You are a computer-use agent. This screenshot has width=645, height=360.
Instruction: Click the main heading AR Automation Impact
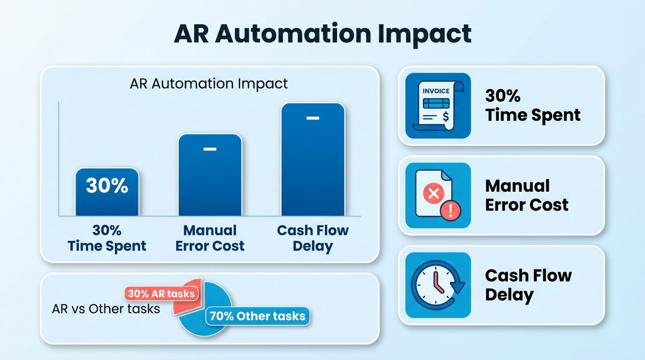coord(322,34)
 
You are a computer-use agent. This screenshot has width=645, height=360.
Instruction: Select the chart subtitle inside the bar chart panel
coord(209,84)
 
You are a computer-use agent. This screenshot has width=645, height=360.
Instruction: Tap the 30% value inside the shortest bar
coord(107,186)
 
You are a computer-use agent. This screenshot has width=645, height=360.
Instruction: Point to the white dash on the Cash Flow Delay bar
coord(313,118)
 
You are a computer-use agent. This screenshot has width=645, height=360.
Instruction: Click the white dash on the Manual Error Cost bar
coord(210,149)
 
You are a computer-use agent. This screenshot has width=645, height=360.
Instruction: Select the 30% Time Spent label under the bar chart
coord(107,238)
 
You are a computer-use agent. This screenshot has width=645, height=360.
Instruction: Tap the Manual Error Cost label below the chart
coord(210,238)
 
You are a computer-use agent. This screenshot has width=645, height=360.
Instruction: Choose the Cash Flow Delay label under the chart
coord(313,238)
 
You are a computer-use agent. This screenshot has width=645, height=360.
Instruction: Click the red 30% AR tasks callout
coord(161,294)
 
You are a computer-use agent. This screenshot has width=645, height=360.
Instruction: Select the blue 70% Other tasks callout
coord(257,316)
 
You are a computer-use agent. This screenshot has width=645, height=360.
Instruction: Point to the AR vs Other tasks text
coord(106,309)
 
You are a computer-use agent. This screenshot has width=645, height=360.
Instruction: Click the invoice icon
coord(438,106)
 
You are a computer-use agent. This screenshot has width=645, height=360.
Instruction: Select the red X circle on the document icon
coord(434,193)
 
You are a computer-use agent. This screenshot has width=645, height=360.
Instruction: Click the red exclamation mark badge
coord(450,210)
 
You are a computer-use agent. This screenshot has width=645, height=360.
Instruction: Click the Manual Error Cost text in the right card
coord(526,195)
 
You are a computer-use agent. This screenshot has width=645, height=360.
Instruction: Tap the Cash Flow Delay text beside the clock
coord(528,285)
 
